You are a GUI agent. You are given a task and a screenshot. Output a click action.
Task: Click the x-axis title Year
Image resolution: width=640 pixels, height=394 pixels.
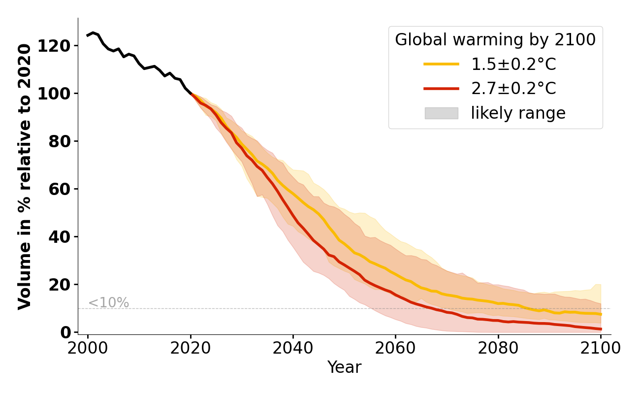344,367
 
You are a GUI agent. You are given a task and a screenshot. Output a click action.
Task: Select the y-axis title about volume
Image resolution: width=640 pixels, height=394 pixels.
25,176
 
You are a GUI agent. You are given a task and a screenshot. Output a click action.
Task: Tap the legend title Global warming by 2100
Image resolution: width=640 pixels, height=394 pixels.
495,40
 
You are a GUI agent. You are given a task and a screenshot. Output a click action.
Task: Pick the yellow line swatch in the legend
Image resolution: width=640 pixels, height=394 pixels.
441,64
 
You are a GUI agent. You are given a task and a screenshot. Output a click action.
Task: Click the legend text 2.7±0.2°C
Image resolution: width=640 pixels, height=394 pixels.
513,89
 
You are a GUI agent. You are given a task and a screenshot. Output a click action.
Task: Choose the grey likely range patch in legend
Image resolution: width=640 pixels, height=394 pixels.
441,113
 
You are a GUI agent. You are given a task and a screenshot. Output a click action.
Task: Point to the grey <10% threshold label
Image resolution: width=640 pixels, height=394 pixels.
108,303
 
